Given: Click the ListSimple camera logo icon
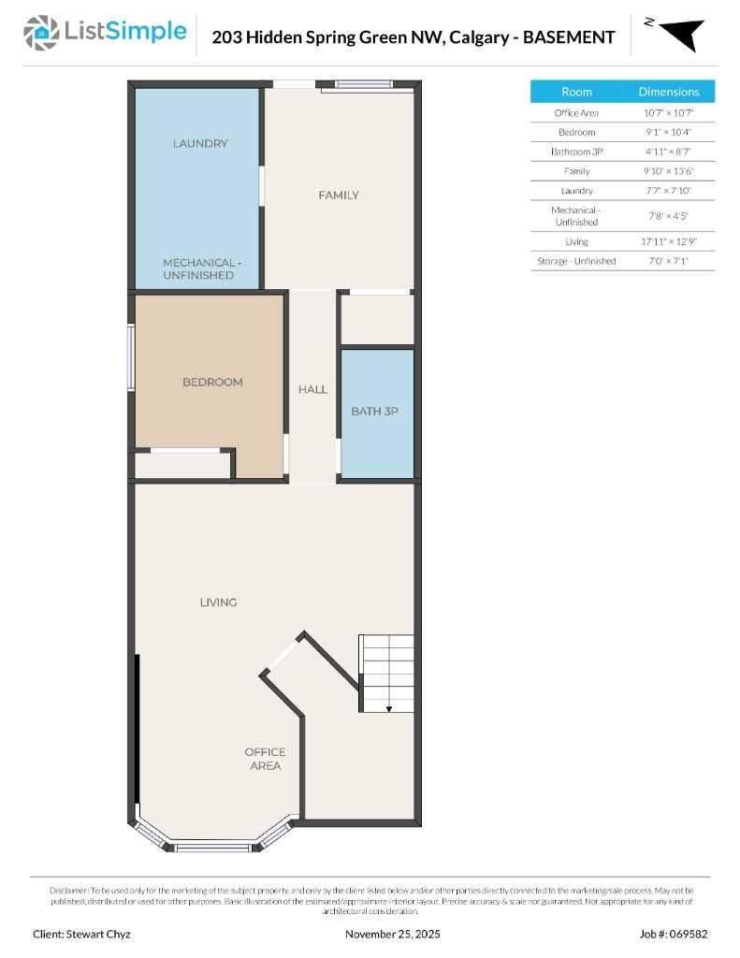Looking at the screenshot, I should (39, 33).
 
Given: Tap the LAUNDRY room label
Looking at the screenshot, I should (199, 144).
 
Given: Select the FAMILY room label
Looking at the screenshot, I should (338, 196).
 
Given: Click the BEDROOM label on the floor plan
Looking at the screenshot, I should (212, 382).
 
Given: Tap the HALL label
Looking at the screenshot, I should (312, 389).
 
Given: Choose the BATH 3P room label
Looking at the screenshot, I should (375, 411).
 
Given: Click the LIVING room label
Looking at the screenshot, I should (218, 602).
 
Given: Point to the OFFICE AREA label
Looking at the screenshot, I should (265, 759).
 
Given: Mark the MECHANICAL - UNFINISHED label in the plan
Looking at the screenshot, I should (198, 269).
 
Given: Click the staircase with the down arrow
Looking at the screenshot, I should (387, 674).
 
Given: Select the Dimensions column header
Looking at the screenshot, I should (668, 92).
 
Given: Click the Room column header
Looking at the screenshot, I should (576, 92).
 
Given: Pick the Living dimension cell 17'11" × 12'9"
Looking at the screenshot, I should (668, 241).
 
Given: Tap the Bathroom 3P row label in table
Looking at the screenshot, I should (576, 152).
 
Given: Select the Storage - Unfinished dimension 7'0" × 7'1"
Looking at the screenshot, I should (668, 261).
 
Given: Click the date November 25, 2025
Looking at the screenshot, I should (393, 934).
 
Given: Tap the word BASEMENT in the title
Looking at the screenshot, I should (568, 37).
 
